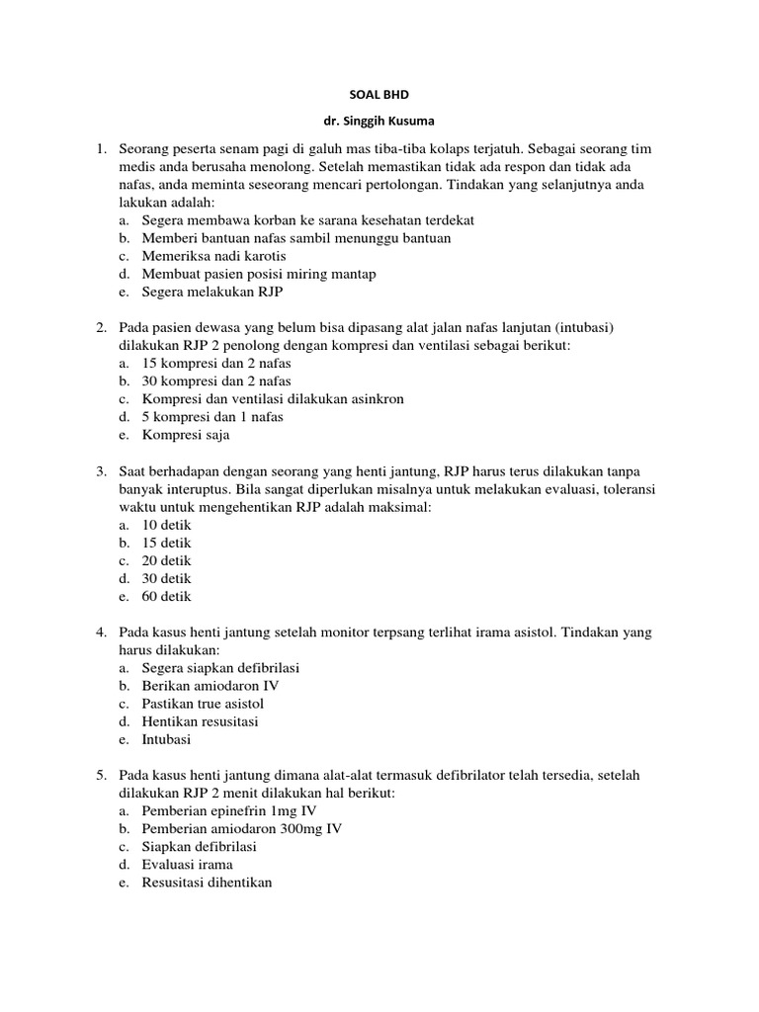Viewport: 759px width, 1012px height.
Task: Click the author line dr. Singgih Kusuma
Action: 379,122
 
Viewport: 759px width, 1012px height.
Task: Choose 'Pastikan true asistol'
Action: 203,704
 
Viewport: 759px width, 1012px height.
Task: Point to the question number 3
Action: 101,471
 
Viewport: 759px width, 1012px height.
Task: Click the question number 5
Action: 101,776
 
